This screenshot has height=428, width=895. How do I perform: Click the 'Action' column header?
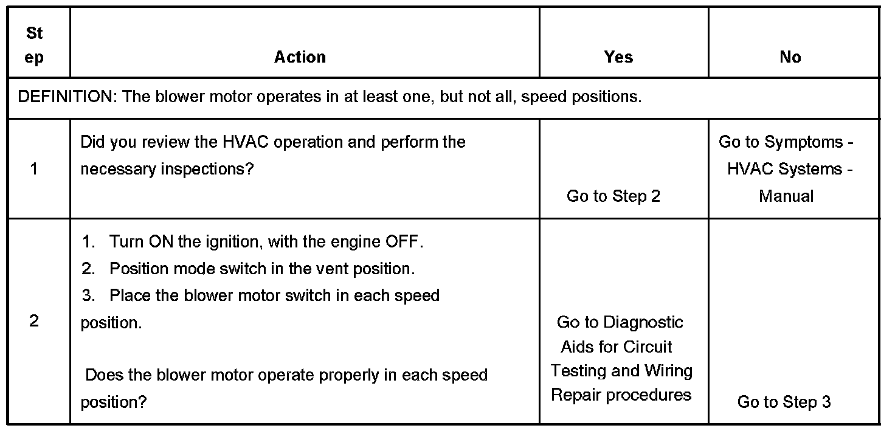point(300,57)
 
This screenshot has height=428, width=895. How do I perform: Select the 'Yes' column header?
point(618,57)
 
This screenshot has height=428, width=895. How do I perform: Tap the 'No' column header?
point(790,57)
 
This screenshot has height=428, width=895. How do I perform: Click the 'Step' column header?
point(35,46)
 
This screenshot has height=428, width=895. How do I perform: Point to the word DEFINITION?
point(66,97)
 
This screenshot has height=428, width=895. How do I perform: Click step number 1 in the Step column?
point(34,169)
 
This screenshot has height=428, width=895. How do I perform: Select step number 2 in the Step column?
point(34,321)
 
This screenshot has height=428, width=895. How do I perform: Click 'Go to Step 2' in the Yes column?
point(613,196)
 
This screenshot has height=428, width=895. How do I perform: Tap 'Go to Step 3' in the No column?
point(784,402)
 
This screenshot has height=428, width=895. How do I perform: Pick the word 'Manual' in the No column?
point(786,196)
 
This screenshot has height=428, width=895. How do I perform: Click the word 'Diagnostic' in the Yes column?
point(643,322)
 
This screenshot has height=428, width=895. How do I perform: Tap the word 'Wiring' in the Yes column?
point(668,371)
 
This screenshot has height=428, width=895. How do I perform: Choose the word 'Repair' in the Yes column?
point(576,395)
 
